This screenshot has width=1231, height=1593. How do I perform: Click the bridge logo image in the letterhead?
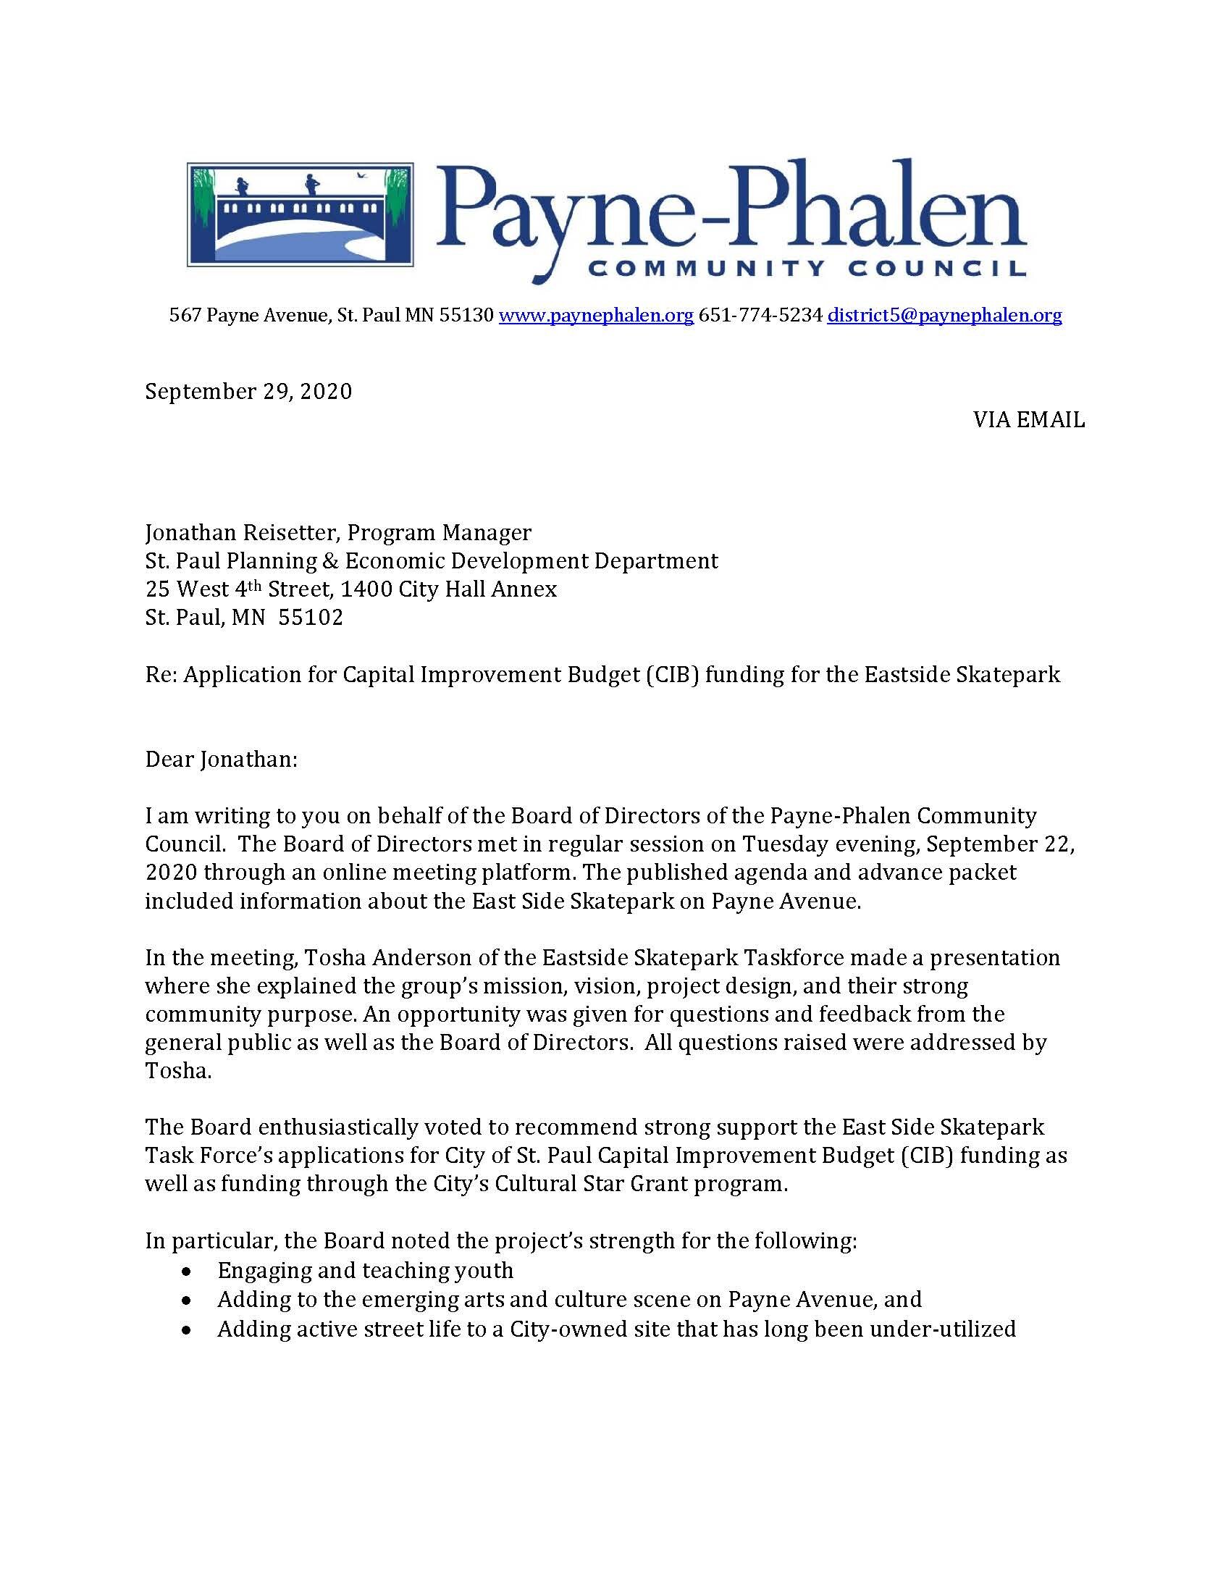300,214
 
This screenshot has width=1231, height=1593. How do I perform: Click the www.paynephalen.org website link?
596,315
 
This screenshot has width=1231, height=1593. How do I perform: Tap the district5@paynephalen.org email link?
944,315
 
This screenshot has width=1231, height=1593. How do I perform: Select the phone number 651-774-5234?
760,315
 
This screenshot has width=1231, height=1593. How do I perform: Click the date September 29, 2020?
248,392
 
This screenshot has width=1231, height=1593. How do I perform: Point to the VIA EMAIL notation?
1028,420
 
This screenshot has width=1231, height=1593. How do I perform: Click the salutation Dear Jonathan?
221,760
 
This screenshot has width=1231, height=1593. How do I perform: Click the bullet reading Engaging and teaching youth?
365,1271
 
